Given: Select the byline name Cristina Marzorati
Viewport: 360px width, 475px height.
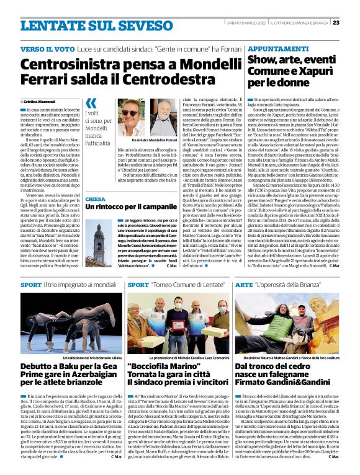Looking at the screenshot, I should pos(40,100).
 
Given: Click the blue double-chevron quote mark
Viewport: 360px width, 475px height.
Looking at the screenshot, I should pos(91,103).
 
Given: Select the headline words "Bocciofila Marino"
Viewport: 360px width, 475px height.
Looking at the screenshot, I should pos(163,366).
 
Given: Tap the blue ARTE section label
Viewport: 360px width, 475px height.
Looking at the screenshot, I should pos(244,285).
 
